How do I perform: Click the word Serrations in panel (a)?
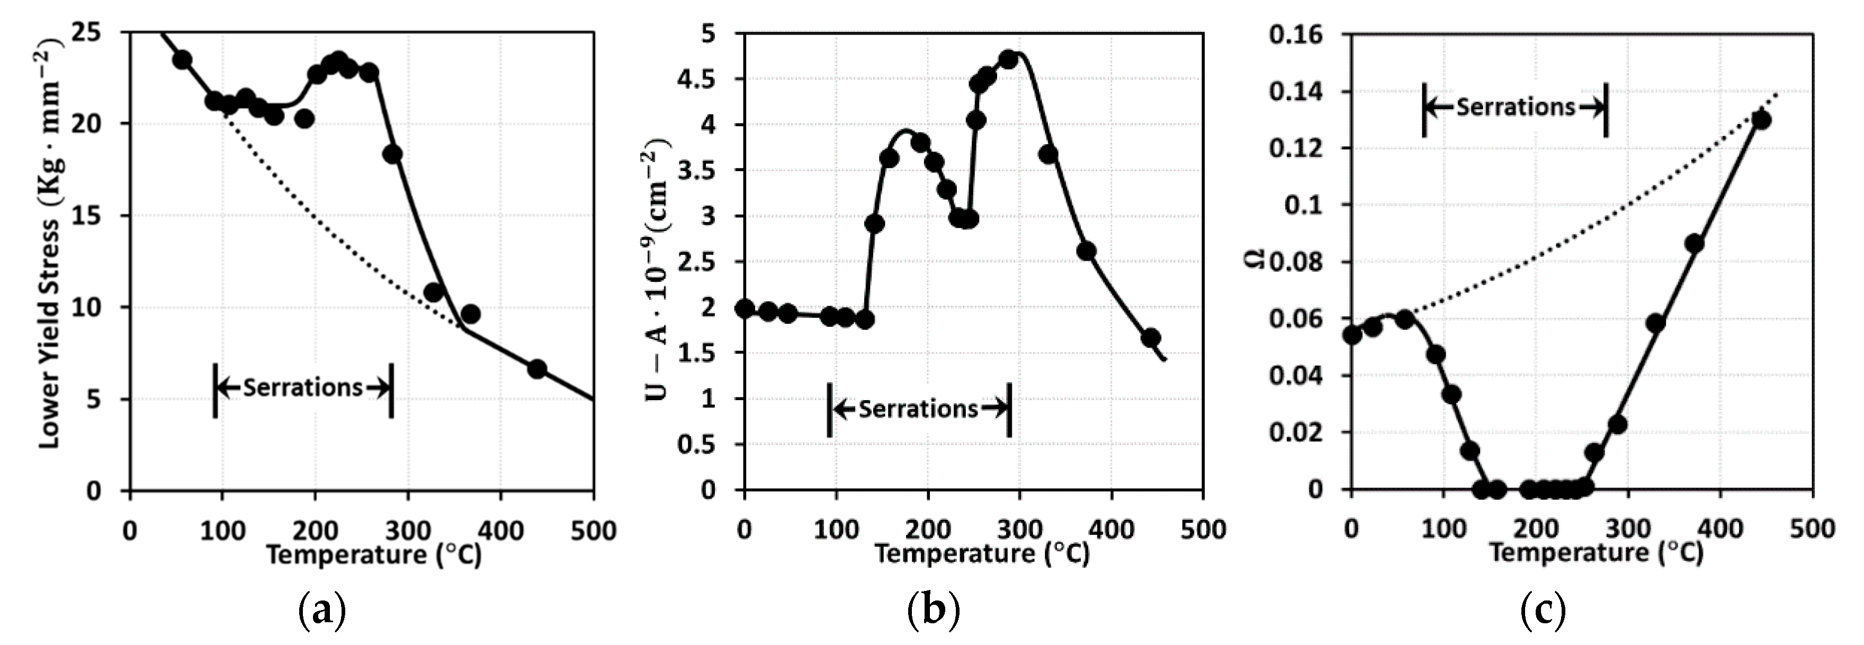(x=302, y=388)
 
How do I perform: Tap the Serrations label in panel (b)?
(x=918, y=410)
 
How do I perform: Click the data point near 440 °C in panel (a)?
(x=536, y=368)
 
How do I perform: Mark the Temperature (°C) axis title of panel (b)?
(x=982, y=554)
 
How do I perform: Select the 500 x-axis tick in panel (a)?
(x=593, y=531)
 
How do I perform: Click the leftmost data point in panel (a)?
(x=182, y=59)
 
